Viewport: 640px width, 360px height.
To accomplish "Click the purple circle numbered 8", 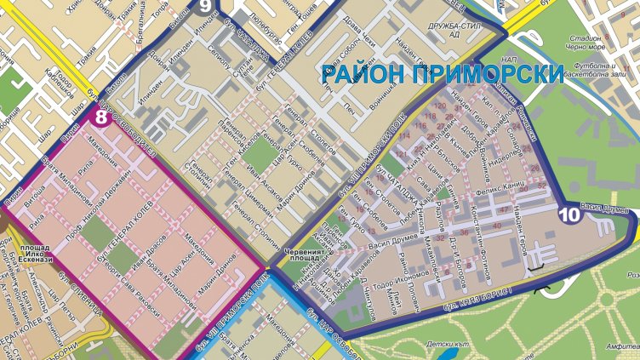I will click(x=101, y=117).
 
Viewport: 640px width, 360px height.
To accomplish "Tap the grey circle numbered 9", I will click(x=205, y=6).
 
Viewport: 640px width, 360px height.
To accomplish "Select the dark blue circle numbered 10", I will click(x=569, y=215).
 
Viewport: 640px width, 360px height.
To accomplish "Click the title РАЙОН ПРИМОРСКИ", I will click(x=443, y=74).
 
